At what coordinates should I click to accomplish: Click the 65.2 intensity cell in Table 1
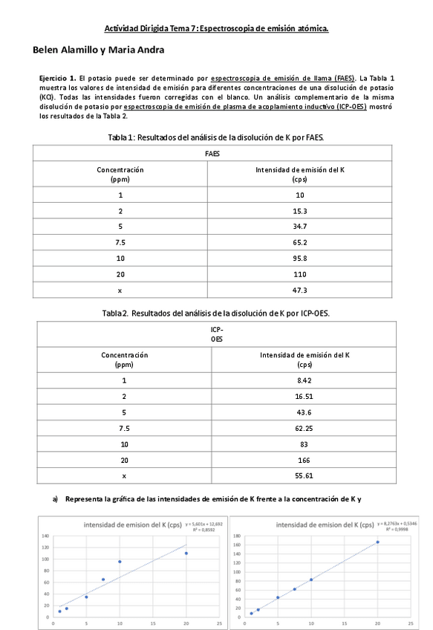[300, 242]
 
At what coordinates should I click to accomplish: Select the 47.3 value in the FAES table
[300, 290]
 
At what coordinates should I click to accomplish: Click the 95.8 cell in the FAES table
[300, 258]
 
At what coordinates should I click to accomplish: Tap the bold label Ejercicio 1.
[57, 78]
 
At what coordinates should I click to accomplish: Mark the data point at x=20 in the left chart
[186, 553]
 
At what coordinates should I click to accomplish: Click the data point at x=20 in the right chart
[377, 542]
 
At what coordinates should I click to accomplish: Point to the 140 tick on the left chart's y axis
[45, 535]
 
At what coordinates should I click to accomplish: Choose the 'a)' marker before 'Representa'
[56, 499]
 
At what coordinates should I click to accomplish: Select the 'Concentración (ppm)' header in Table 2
[124, 360]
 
